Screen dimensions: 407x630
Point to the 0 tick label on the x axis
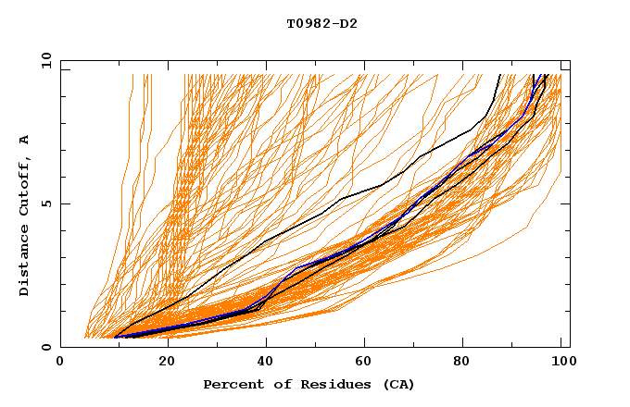60,362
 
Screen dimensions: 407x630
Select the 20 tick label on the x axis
167,362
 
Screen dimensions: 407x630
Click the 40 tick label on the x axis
267,362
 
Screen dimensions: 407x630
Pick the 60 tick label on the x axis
368,362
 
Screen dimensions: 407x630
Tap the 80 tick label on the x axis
468,362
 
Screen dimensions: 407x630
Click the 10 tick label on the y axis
45,60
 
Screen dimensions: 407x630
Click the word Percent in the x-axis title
230,384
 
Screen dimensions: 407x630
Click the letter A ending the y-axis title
24,139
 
